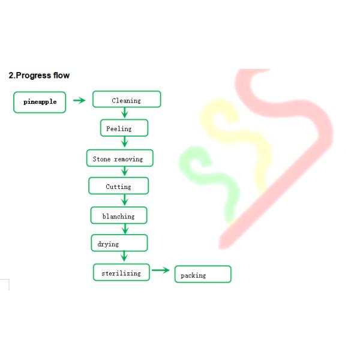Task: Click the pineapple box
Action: pyautogui.click(x=40, y=102)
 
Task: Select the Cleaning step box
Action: pyautogui.click(x=127, y=100)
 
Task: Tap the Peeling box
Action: pyautogui.click(x=124, y=128)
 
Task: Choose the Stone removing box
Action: pyautogui.click(x=119, y=158)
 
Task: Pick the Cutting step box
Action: pyautogui.click(x=118, y=186)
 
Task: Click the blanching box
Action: pyautogui.click(x=118, y=215)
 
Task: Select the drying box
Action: pyautogui.click(x=119, y=243)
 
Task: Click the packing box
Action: pyautogui.click(x=202, y=275)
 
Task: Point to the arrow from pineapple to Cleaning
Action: pyautogui.click(x=79, y=100)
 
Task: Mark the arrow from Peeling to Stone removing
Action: pyautogui.click(x=125, y=142)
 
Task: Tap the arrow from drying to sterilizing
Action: pyautogui.click(x=125, y=257)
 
